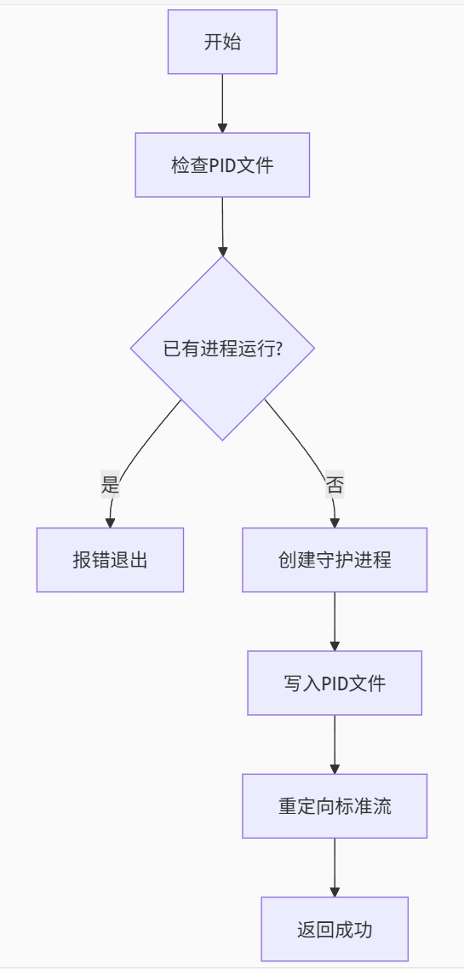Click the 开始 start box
(222, 42)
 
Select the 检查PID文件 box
(222, 164)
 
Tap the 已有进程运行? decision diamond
(222, 349)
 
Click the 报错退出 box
(110, 560)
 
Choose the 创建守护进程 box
(335, 560)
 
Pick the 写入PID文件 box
(335, 683)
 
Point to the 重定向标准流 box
(335, 805)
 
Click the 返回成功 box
(335, 929)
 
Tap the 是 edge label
(111, 486)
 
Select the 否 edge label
(335, 486)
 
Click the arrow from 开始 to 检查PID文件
(222, 102)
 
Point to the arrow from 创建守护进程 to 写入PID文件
(335, 620)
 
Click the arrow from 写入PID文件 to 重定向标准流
(335, 743)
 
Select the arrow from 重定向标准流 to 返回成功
(335, 866)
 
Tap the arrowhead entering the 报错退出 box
(110, 522)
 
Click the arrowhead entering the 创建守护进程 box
(335, 522)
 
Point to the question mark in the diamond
(278, 349)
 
